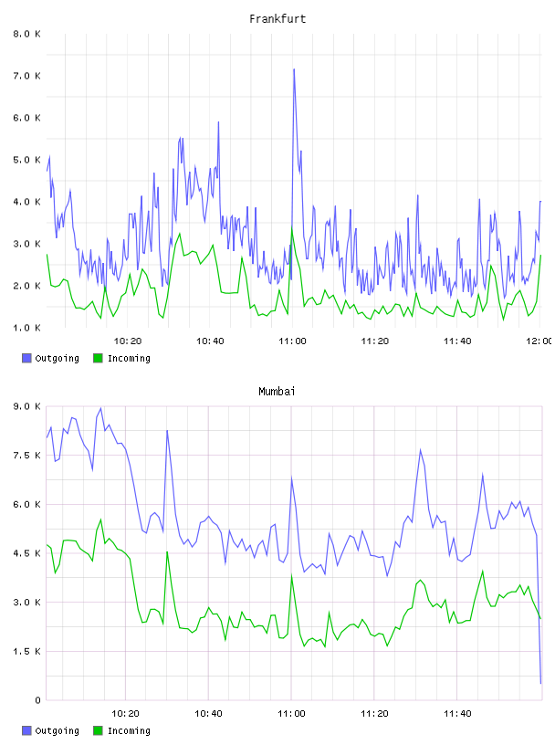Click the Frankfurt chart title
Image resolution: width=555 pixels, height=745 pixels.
pyautogui.click(x=277, y=18)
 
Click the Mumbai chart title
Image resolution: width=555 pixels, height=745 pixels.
pyautogui.click(x=277, y=391)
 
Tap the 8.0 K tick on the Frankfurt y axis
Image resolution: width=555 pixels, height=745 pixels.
pyautogui.click(x=26, y=34)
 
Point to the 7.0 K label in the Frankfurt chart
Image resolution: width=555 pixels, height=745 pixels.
pyautogui.click(x=26, y=76)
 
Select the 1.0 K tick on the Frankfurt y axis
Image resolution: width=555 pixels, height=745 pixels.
pyautogui.click(x=26, y=328)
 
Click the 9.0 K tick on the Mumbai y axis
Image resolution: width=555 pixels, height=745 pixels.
pyautogui.click(x=26, y=406)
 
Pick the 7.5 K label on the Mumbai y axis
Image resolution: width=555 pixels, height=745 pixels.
pyautogui.click(x=26, y=456)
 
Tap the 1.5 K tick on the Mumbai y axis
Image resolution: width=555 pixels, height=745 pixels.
pyautogui.click(x=26, y=651)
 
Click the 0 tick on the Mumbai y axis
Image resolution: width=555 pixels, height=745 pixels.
pyautogui.click(x=37, y=700)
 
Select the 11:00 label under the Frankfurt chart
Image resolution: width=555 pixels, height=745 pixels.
pyautogui.click(x=292, y=341)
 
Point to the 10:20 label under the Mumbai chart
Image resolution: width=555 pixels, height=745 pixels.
pyautogui.click(x=125, y=713)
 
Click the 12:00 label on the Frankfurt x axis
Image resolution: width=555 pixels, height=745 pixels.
pyautogui.click(x=540, y=341)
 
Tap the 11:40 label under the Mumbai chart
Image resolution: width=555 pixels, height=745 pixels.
pyautogui.click(x=457, y=713)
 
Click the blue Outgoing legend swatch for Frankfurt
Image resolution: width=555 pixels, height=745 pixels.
pyautogui.click(x=26, y=358)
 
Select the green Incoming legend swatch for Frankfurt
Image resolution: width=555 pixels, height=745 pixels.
pyautogui.click(x=98, y=358)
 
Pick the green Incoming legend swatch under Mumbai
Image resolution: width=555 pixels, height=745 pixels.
pyautogui.click(x=98, y=730)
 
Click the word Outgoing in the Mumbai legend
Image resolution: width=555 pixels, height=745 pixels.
pyautogui.click(x=57, y=730)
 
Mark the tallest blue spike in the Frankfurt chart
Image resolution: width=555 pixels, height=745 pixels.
pyautogui.click(x=294, y=69)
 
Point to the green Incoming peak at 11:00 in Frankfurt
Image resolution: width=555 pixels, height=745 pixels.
pyautogui.click(x=292, y=229)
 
